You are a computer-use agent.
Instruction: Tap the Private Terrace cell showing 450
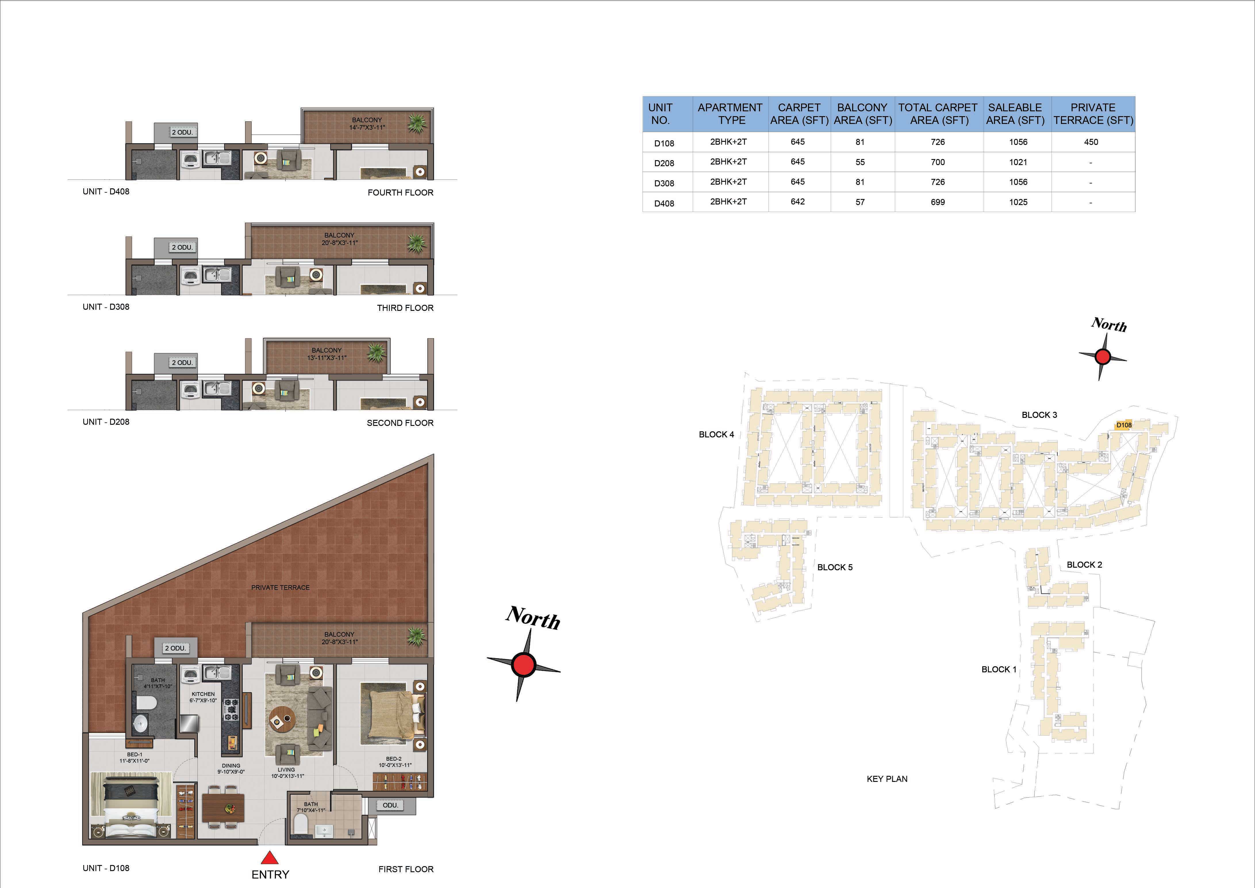(1091, 142)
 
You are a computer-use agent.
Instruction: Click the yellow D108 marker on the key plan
(1124, 425)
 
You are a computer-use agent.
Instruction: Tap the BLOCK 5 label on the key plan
(835, 567)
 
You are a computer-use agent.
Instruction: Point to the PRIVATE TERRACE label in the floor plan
(281, 587)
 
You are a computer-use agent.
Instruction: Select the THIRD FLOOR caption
(405, 308)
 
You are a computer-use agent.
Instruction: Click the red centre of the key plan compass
(1102, 357)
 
